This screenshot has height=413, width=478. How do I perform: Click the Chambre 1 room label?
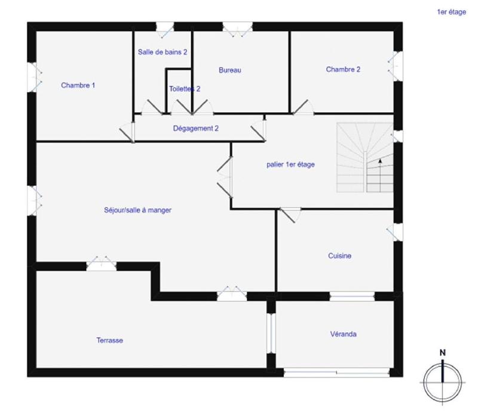[78, 85]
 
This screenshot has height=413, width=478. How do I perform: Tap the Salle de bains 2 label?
[163, 53]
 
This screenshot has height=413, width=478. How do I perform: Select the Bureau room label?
[229, 71]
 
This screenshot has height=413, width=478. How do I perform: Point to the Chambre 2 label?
[343, 69]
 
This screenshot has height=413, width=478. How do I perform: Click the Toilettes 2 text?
[184, 89]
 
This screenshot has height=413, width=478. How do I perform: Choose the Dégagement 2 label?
[195, 129]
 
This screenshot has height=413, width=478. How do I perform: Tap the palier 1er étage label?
[290, 165]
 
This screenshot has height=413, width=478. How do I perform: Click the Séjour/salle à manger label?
[138, 210]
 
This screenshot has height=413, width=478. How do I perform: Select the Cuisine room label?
[339, 256]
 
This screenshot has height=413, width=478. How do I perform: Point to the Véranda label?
[343, 335]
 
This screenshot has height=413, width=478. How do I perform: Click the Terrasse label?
[109, 341]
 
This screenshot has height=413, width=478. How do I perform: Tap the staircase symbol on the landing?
[364, 158]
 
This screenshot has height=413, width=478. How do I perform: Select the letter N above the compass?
[443, 353]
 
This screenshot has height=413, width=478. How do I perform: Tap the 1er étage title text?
[451, 11]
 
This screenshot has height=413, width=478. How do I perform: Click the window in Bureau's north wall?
[237, 26]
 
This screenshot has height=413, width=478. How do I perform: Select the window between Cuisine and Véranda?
[353, 296]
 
